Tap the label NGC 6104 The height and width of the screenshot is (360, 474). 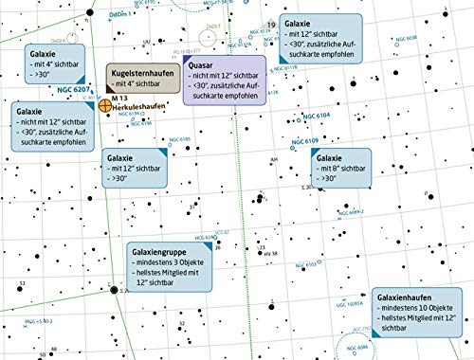tap(318, 114)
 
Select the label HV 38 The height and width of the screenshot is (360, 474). tap(269, 254)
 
